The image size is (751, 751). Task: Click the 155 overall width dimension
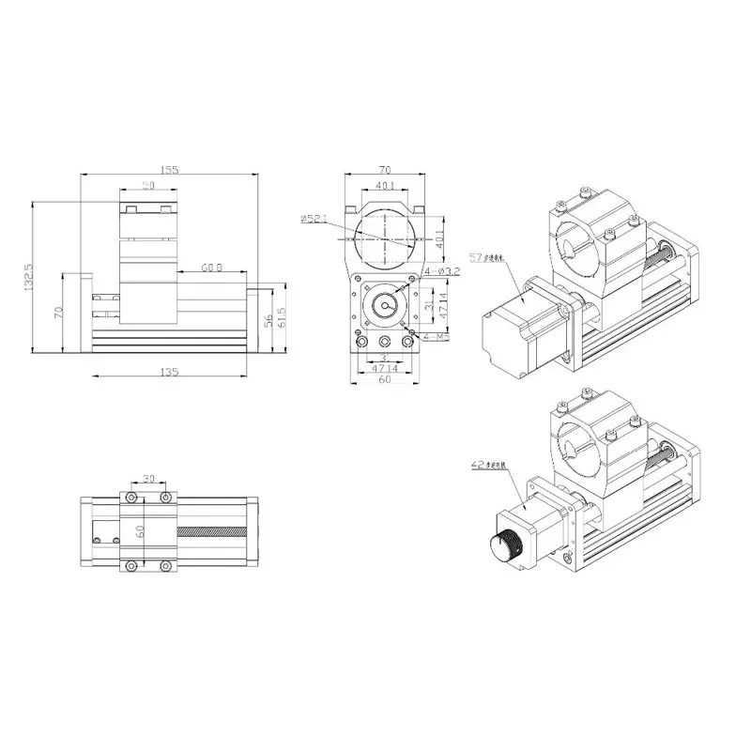coord(170,170)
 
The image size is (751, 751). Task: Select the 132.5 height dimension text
coord(28,278)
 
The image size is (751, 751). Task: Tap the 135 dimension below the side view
coord(170,373)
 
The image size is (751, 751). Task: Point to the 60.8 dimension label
coord(211,268)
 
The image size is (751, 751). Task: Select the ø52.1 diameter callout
coord(314,219)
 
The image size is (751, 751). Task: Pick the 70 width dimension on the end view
coord(383,170)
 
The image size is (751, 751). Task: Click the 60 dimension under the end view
coord(383,381)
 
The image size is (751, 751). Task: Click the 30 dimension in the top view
coord(148,477)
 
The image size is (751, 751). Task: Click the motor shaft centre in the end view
coord(383,306)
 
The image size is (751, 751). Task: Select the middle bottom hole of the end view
coord(383,341)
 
